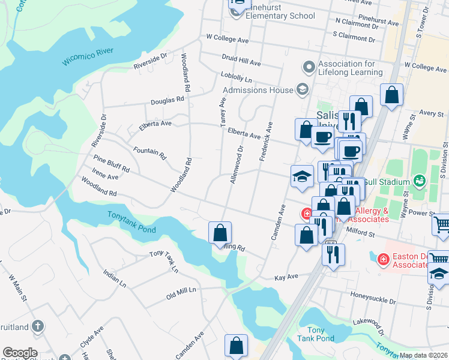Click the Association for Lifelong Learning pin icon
(309, 67)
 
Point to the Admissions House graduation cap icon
(302, 90)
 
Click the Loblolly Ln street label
(236, 79)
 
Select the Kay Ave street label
(286, 278)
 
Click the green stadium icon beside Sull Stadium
(419, 180)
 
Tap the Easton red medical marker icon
(382, 259)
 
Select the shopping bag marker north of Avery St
(391, 95)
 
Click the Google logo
(20, 353)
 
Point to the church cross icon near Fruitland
(38, 326)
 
